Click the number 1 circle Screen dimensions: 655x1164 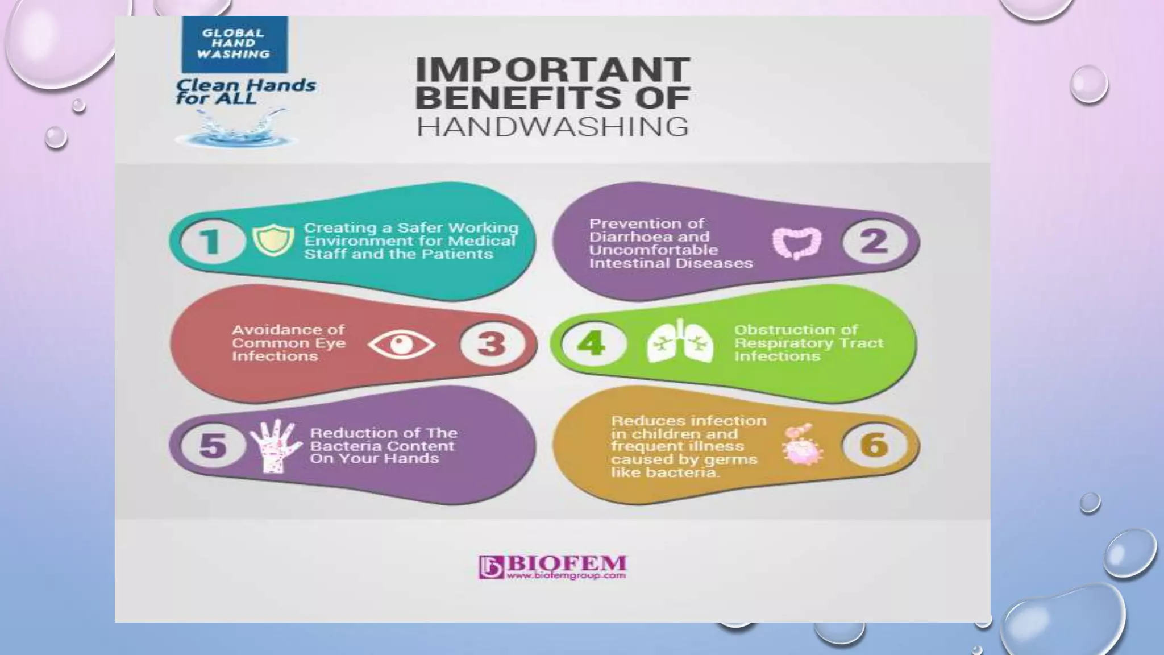coord(211,241)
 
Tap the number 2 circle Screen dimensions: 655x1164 coord(874,241)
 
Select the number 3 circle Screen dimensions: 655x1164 coord(492,343)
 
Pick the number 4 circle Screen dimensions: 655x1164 coord(592,343)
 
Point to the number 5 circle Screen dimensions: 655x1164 coord(212,445)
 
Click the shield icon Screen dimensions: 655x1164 coord(273,241)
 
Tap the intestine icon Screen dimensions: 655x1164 coord(797,243)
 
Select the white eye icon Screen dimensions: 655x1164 coord(401,345)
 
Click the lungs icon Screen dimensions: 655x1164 coord(680,342)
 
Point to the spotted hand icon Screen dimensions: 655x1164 coord(275,446)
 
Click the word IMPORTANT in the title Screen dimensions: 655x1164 coord(552,69)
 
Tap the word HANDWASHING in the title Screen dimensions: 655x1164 coord(552,127)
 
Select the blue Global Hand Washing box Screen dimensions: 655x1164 coord(234,44)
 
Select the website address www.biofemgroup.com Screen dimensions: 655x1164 coord(566,575)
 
